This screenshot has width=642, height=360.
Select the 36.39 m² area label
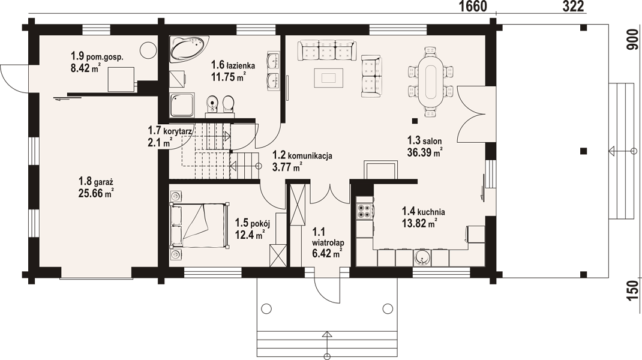click(425, 152)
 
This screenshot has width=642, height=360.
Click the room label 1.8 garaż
click(95, 181)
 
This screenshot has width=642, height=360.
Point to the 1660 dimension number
click(473, 7)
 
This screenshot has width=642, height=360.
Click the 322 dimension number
click(573, 7)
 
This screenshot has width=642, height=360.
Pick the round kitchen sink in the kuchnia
click(422, 257)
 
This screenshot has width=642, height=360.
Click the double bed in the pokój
click(199, 226)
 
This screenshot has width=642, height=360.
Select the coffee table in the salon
click(328, 78)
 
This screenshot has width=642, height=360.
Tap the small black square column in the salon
click(415, 121)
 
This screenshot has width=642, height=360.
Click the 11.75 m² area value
click(228, 76)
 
